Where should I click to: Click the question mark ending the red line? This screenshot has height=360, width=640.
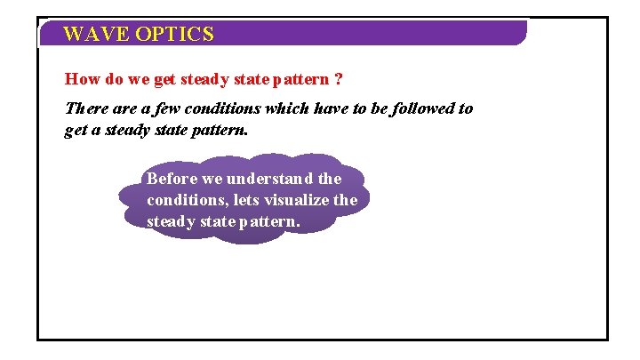tap(337, 79)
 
